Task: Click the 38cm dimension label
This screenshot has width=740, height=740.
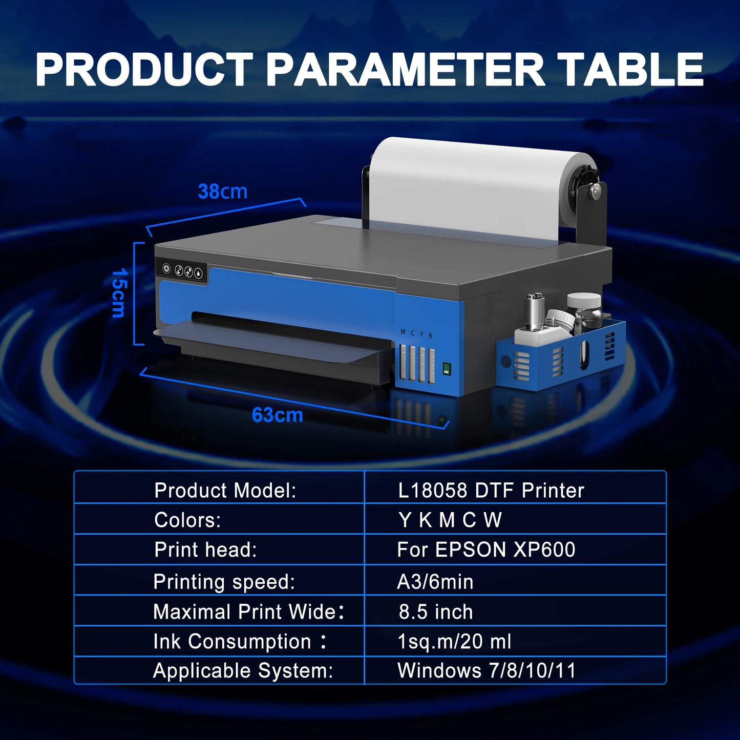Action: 223,192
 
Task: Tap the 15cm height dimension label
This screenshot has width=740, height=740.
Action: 118,292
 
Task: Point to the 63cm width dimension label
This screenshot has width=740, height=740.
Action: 277,415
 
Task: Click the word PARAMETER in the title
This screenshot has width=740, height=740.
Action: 405,70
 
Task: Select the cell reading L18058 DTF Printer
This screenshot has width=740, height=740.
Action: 491,491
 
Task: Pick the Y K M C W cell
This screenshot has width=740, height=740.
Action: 450,520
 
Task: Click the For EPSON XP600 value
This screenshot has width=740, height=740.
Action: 486,550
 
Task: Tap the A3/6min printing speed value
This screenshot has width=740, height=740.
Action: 435,582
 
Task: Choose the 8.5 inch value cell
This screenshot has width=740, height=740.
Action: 436,612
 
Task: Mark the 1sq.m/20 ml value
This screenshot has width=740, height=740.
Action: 454,642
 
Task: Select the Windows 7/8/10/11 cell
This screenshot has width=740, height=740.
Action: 487,671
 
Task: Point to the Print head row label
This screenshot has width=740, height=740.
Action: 205,550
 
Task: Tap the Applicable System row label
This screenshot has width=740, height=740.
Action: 243,671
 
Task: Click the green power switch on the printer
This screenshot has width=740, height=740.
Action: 446,369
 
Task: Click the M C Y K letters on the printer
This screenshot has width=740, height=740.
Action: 417,334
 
